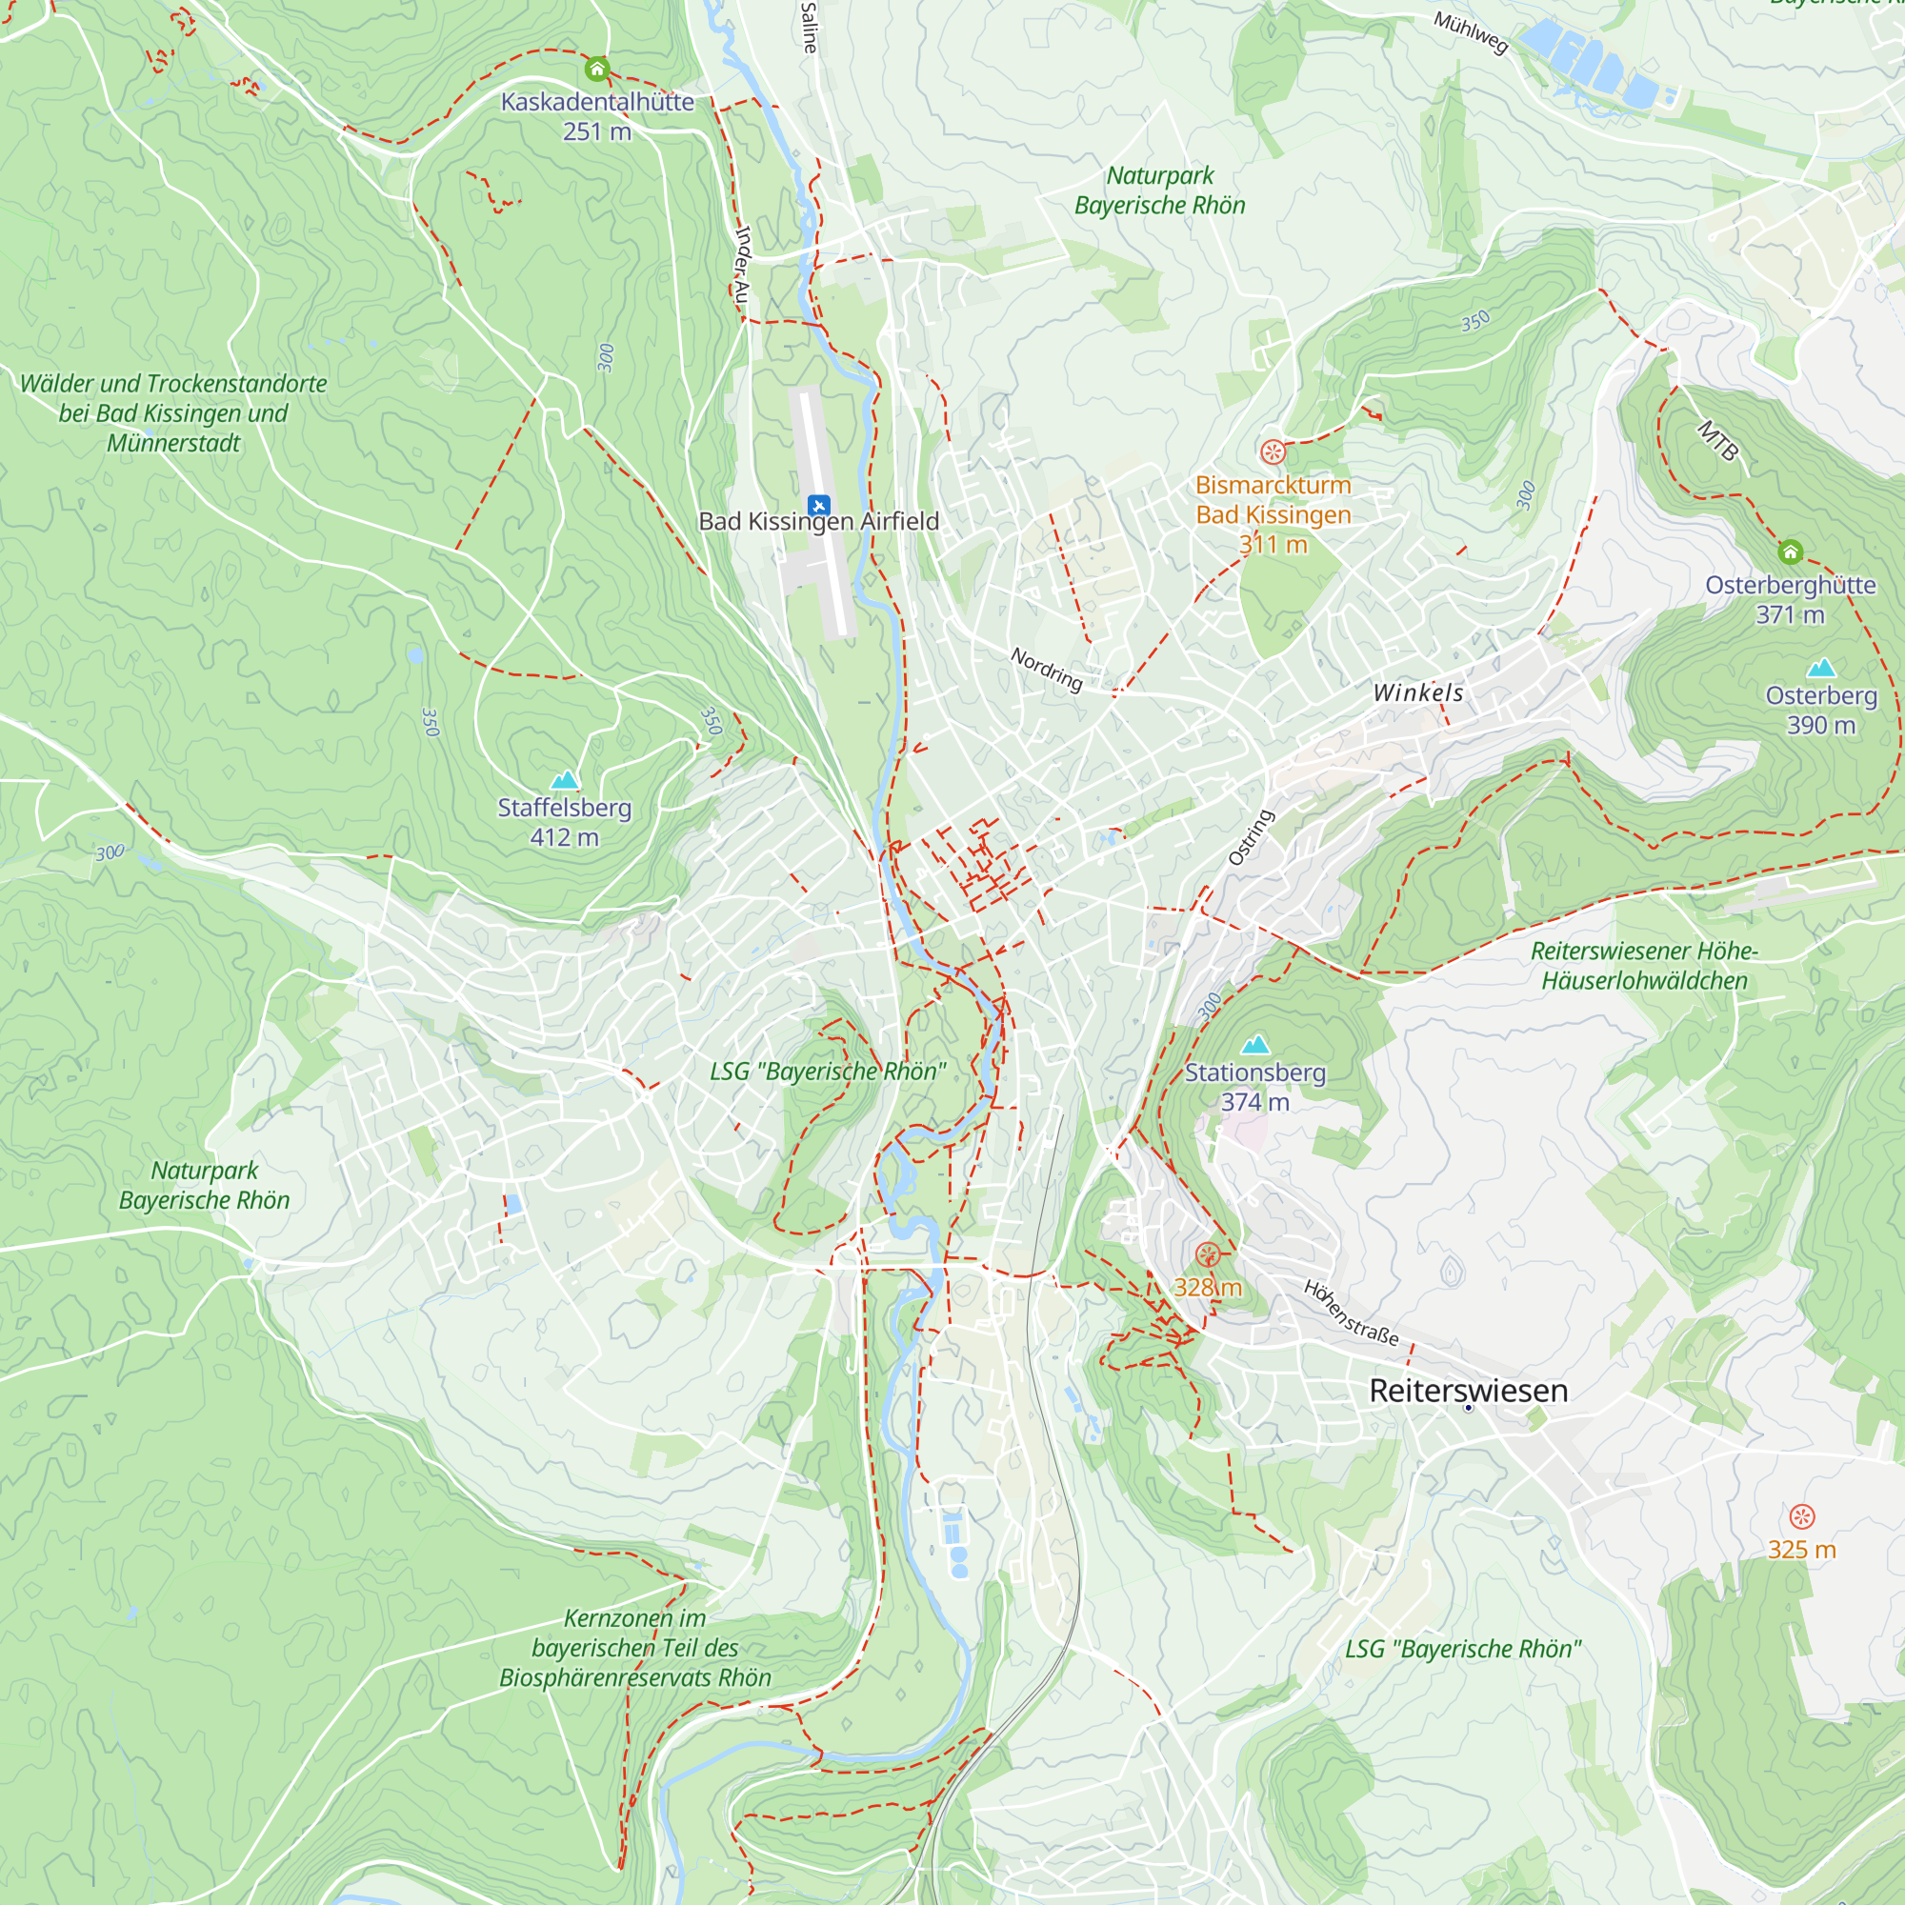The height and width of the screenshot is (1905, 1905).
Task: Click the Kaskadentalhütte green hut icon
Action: coord(596,69)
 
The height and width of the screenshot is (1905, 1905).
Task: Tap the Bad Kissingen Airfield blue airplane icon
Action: coord(818,506)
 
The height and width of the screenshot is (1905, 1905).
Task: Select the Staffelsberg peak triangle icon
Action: coord(564,780)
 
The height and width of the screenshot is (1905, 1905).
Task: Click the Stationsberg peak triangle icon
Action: coord(1254,1044)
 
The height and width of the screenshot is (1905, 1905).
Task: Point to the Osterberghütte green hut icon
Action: coord(1791,552)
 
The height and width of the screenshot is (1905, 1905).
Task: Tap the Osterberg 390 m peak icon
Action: coord(1820,668)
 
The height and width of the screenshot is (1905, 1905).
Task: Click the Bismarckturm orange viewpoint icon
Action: coord(1273,451)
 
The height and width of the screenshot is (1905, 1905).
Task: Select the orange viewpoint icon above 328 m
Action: coord(1207,1254)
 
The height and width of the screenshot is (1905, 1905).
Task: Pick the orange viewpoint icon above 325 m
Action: coord(1801,1516)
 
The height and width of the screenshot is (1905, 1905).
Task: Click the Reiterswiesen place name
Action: coord(1468,1391)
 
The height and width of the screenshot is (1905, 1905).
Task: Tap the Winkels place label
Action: coord(1418,693)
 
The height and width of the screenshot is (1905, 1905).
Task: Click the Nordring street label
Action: coord(1046,670)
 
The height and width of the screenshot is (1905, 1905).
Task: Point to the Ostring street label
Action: coord(1251,837)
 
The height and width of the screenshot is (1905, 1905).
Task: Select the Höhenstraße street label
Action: coord(1351,1313)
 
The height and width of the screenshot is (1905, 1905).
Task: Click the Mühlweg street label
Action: coord(1470,33)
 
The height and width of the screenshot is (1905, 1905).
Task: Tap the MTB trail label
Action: coord(1717,441)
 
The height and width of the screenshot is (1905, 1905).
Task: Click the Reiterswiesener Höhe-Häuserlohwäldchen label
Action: coord(1645,965)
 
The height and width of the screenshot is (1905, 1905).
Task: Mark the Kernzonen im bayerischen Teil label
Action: coord(635,1647)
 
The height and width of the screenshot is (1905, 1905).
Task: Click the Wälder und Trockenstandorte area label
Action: coord(173,413)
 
